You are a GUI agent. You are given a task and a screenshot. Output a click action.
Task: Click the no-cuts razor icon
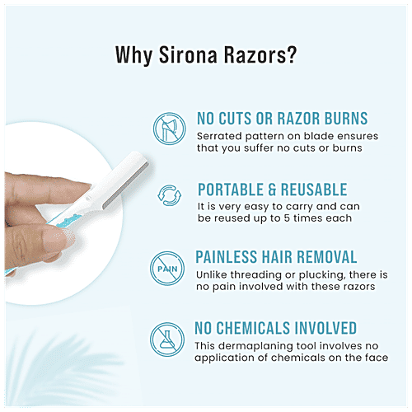tap(167, 129)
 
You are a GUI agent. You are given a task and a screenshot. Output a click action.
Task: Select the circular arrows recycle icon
tap(167, 199)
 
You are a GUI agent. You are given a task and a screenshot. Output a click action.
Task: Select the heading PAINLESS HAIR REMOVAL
tap(277, 258)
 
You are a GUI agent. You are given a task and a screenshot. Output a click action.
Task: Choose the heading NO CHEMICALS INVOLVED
tap(276, 328)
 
